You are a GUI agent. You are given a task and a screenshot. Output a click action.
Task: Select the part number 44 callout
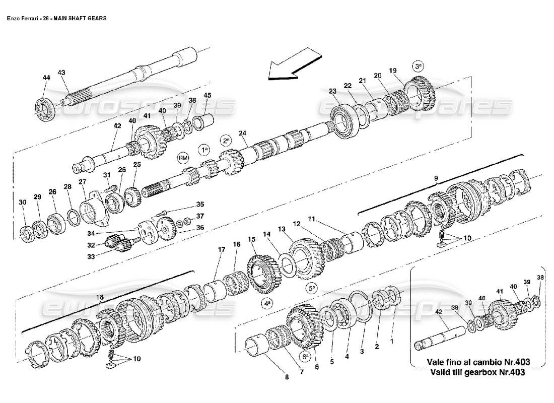[46, 78]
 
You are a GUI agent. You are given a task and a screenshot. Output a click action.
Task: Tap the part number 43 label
[62, 73]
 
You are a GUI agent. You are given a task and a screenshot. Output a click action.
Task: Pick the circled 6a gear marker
[305, 356]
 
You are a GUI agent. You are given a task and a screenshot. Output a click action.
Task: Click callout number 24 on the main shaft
[243, 133]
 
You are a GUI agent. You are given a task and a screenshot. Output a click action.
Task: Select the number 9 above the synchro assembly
[436, 177]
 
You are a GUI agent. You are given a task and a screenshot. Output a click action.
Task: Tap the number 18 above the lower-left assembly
[100, 298]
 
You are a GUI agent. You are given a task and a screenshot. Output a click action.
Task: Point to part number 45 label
[207, 95]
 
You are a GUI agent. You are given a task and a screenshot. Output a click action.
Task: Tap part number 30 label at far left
[22, 203]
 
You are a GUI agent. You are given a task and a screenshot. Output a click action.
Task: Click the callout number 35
[200, 205]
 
